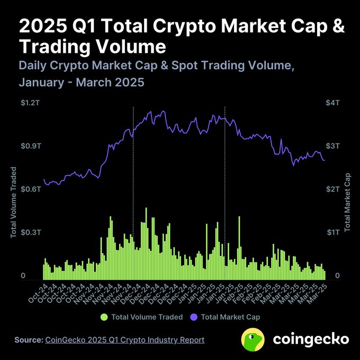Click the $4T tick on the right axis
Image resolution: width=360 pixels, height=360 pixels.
[x=332, y=103]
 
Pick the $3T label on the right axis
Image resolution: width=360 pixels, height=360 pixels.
[x=332, y=146]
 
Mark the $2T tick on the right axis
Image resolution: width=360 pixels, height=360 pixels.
[x=332, y=189]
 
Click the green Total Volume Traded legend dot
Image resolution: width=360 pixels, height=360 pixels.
[x=104, y=317]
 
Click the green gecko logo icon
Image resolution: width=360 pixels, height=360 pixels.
[x=253, y=339]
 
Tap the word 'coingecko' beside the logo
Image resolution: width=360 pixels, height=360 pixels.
[x=311, y=339]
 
